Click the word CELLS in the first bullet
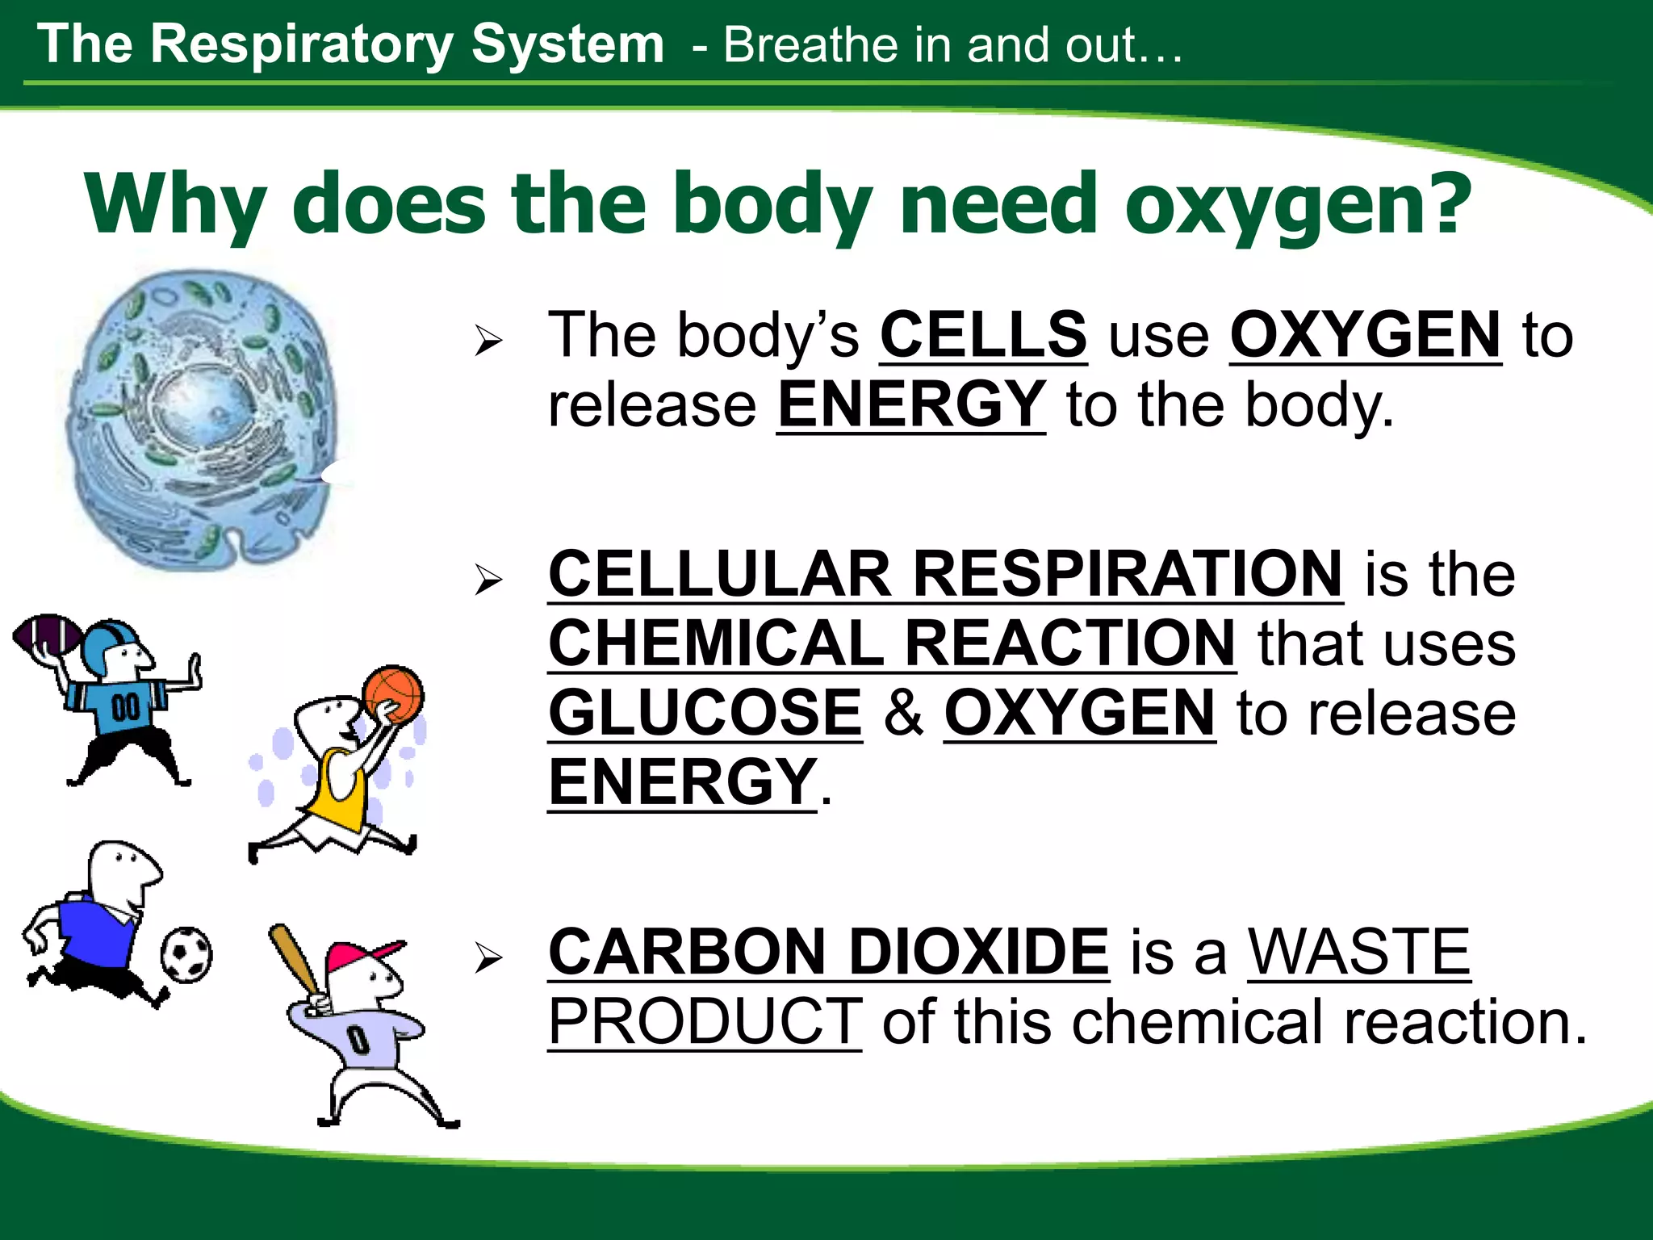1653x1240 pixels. pyautogui.click(x=983, y=335)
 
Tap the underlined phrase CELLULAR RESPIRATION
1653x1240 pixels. pyautogui.click(x=945, y=574)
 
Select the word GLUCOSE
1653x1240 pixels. pyautogui.click(x=705, y=713)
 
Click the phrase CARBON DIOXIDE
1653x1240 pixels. pyautogui.click(x=828, y=952)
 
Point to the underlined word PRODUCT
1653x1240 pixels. pyautogui.click(x=705, y=1021)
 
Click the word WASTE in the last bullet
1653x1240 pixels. pyautogui.click(x=1359, y=952)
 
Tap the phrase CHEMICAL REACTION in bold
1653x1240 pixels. pyautogui.click(x=891, y=643)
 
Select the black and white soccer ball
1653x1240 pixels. pyautogui.click(x=186, y=955)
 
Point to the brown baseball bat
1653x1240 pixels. pyautogui.click(x=295, y=960)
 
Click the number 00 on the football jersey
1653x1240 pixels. pyautogui.click(x=125, y=708)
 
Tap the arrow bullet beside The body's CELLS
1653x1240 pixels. pyautogui.click(x=488, y=341)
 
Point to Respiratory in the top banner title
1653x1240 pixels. pyautogui.click(x=302, y=44)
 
